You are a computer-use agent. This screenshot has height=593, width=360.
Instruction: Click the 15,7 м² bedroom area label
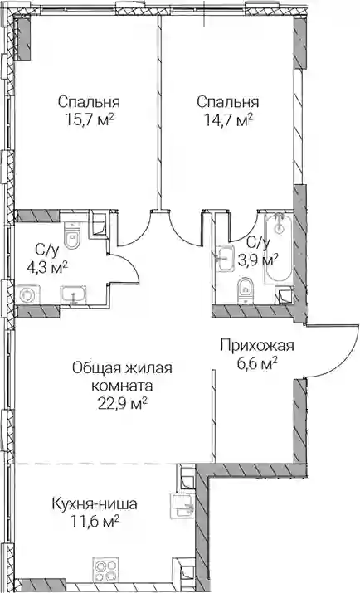(90, 120)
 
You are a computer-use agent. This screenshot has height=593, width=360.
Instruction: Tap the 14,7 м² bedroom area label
(228, 120)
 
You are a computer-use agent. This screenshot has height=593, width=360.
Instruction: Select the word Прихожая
(257, 346)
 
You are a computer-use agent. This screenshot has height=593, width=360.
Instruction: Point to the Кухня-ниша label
(95, 504)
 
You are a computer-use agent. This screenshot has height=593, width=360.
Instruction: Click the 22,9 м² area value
(123, 404)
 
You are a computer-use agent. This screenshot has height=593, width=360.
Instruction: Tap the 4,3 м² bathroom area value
(47, 268)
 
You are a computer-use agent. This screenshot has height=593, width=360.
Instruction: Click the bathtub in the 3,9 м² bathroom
(279, 247)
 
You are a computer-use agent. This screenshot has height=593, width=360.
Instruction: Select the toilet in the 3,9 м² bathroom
(246, 290)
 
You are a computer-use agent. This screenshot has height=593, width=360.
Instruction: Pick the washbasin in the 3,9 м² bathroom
(226, 259)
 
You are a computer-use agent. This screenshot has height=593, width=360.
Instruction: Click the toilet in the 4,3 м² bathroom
(71, 236)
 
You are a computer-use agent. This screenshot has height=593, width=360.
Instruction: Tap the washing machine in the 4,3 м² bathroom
(27, 294)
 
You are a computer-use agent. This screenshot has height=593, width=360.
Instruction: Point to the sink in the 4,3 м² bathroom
(73, 294)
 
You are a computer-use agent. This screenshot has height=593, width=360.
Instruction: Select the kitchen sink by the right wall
(183, 505)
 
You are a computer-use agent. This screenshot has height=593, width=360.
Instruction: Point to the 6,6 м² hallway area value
(257, 365)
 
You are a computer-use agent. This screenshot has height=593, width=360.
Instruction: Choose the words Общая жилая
(122, 367)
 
